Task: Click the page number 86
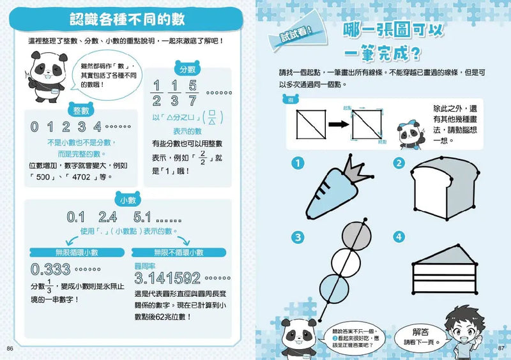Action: (10, 349)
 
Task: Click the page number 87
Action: (501, 349)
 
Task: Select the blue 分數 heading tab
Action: (187, 69)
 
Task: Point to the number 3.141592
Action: (175, 278)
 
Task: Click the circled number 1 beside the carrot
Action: (298, 163)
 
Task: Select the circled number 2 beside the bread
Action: (400, 163)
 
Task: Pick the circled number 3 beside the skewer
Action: (298, 238)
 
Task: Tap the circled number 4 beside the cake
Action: (400, 238)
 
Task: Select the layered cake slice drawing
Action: (447, 276)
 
